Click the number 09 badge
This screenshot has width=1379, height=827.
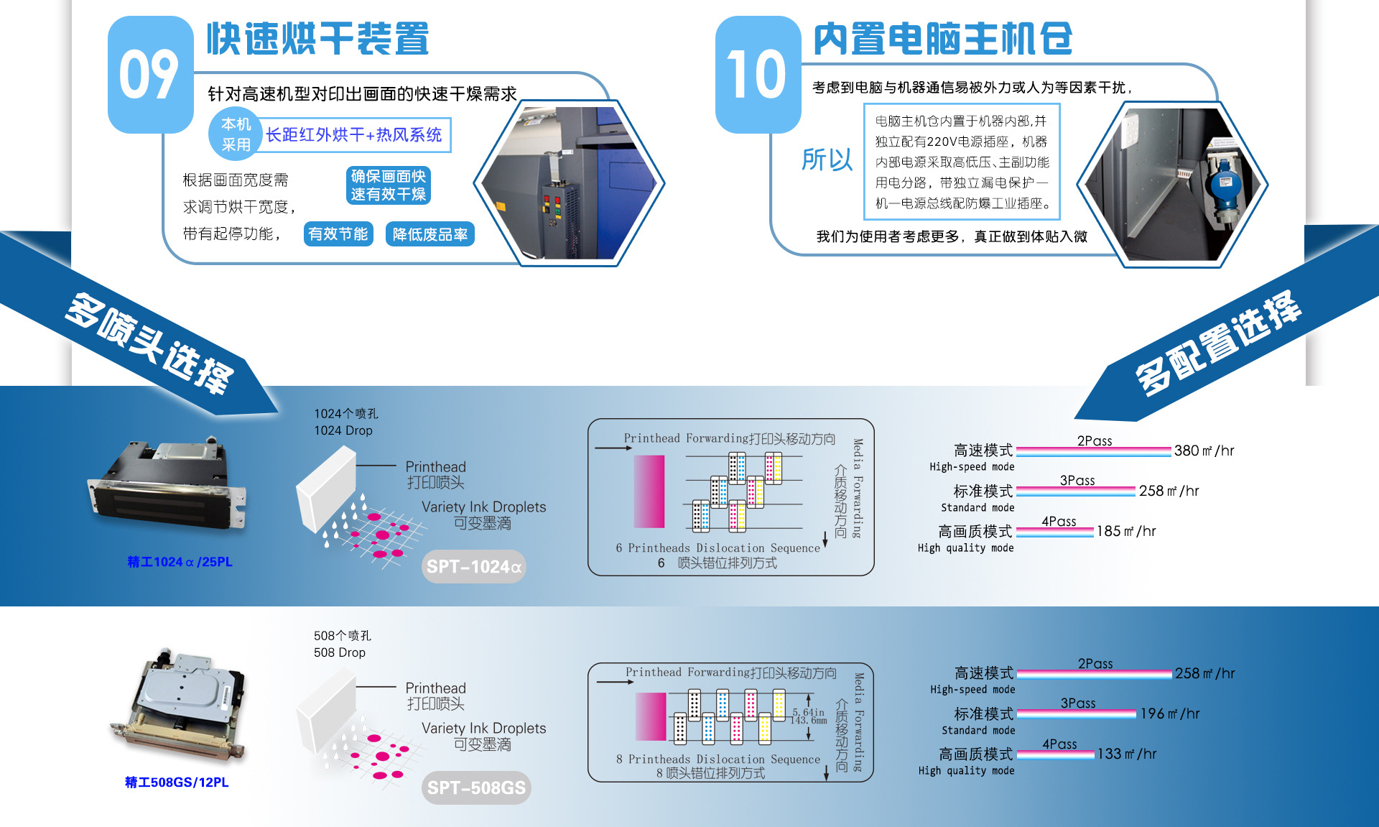(x=149, y=74)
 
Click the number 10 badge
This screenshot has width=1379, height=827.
(x=757, y=74)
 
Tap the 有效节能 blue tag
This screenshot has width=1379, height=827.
(x=338, y=234)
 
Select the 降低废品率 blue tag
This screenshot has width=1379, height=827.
(x=430, y=234)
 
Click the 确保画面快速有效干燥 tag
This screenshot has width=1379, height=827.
(x=388, y=185)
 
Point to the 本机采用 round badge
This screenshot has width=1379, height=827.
(x=236, y=134)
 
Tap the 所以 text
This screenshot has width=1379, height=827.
(x=827, y=160)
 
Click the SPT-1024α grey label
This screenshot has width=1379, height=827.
(x=473, y=567)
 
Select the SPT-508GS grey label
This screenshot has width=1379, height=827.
(x=476, y=788)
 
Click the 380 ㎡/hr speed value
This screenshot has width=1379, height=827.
(x=1204, y=451)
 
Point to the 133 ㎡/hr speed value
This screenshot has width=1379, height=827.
(x=1126, y=754)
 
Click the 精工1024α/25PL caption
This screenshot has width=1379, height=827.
(x=180, y=562)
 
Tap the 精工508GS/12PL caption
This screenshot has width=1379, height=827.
(x=177, y=782)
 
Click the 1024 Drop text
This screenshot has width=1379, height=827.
(x=343, y=430)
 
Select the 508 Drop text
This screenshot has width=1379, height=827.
(x=340, y=652)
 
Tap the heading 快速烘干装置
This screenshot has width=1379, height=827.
(x=318, y=39)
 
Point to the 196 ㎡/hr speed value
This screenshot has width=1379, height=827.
(x=1169, y=714)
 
